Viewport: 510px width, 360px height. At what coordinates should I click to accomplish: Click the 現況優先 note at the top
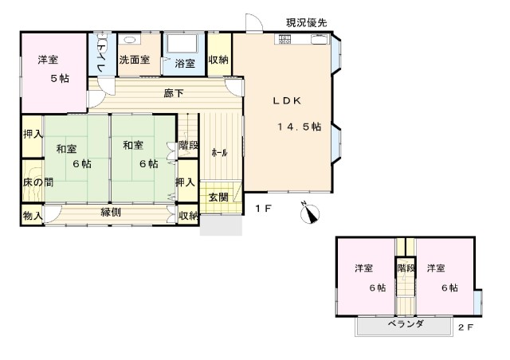[306, 23]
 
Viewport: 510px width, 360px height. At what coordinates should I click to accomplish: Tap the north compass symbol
[310, 213]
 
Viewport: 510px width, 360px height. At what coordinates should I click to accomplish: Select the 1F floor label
[263, 209]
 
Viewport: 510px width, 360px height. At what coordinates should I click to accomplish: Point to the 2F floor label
[465, 327]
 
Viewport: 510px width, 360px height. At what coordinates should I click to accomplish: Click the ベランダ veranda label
[406, 323]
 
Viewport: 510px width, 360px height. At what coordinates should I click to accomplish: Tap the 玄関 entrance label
[218, 197]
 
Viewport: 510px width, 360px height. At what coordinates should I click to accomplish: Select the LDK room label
[287, 101]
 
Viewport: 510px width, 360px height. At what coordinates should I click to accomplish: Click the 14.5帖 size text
[300, 127]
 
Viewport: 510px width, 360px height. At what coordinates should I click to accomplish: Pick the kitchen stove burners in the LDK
[284, 39]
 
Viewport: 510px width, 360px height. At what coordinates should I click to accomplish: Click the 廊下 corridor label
[174, 94]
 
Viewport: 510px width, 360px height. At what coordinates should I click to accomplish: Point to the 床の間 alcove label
[38, 182]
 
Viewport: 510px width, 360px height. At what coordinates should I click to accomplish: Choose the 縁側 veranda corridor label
[111, 213]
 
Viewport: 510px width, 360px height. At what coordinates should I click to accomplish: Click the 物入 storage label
[33, 215]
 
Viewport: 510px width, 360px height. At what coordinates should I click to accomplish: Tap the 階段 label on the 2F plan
[406, 268]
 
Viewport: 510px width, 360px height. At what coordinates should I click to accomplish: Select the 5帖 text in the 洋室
[60, 78]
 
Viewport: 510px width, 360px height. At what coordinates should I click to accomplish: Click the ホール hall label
[219, 153]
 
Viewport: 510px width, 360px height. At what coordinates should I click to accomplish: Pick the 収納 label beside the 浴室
[218, 60]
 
